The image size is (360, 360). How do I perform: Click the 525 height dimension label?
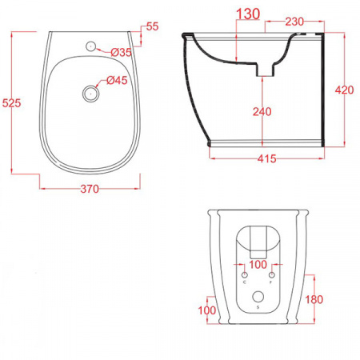coord(11,103)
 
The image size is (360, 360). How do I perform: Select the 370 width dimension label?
coord(90,189)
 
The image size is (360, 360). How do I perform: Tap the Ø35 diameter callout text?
coord(122,52)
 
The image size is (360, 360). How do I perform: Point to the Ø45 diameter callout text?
coord(117,80)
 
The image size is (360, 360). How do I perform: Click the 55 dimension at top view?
coord(153,26)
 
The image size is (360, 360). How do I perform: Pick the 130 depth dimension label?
coord(248,14)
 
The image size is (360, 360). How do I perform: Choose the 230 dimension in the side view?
coord(294,22)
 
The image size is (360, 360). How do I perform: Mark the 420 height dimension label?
coord(345,90)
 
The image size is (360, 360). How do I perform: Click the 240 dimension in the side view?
coord(262,111)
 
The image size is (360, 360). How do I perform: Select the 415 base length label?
coord(267,158)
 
